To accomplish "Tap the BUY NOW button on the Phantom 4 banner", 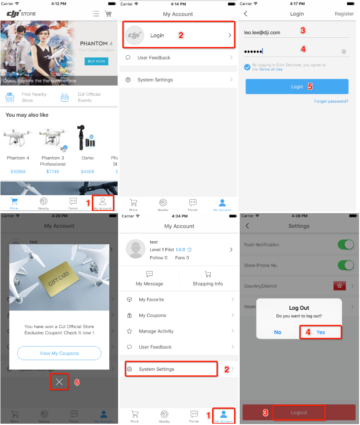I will (96, 61).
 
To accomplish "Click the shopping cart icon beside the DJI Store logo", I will (108, 14).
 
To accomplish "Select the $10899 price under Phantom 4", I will (18, 171).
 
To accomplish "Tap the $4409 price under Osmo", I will (87, 171).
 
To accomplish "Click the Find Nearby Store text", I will (34, 97).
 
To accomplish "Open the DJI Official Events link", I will (89, 97).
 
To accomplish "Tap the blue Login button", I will (297, 87).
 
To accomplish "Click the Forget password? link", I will (331, 101).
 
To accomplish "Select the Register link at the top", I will (344, 14).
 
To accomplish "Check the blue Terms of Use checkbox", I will (248, 67).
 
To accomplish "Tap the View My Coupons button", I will (59, 353).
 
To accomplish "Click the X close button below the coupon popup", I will (59, 382).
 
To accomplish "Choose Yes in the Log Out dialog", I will (320, 332).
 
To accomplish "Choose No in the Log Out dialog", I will (277, 332).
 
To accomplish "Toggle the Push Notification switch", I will (346, 245).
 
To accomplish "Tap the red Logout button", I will (299, 413).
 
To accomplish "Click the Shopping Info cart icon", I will (208, 274).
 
